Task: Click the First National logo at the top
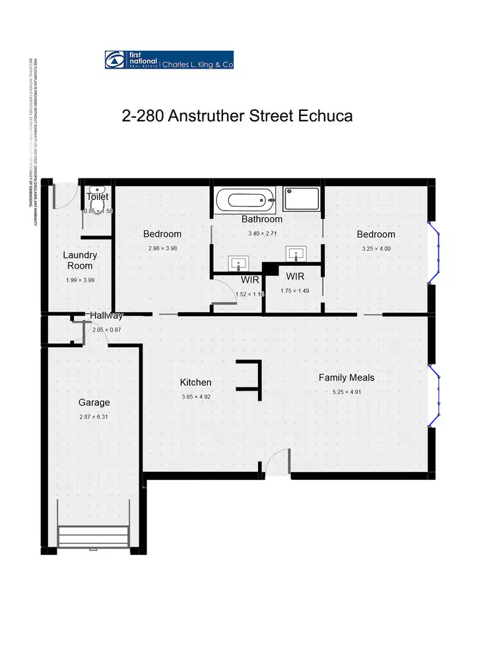coord(169,60)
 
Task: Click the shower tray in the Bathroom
coord(302,199)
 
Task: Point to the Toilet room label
coord(97,197)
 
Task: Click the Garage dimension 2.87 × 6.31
coord(94,416)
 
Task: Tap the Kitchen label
coord(196,382)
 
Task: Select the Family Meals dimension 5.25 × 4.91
coord(346,392)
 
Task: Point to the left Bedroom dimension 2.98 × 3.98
coord(162,248)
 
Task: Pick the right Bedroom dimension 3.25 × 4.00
coord(376,249)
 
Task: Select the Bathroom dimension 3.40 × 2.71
coord(262,234)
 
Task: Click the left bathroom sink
coord(238,265)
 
